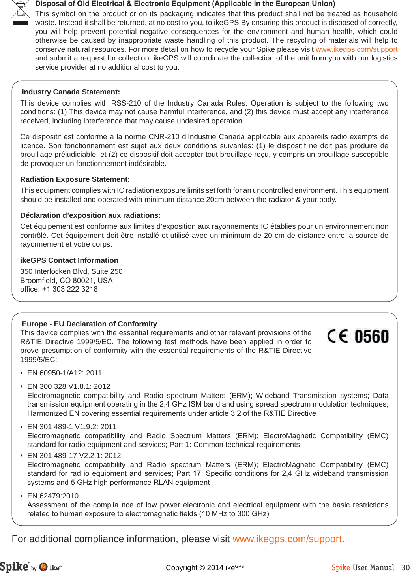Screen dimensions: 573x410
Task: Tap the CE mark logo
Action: point(338,336)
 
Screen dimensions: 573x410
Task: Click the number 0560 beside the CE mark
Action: point(371,337)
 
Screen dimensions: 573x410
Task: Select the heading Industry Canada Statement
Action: point(71,92)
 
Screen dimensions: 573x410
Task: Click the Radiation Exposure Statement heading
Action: point(75,179)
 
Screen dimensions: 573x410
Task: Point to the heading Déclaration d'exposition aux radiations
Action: point(90,215)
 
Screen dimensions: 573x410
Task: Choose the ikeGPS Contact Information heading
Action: point(69,260)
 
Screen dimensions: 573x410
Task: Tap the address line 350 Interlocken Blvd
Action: point(71,271)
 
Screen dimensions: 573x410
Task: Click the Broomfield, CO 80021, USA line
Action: point(66,281)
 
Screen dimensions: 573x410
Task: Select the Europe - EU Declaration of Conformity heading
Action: point(89,324)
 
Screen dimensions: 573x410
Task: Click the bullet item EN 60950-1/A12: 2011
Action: point(64,373)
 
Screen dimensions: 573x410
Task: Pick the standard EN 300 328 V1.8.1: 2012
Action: point(69,386)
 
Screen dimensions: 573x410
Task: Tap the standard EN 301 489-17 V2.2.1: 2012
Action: point(74,456)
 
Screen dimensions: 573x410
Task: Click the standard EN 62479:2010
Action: point(53,496)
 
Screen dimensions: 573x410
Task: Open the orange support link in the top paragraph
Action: point(356,49)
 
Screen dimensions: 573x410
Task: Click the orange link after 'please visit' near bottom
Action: point(287,539)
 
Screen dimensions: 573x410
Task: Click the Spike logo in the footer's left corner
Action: point(14,567)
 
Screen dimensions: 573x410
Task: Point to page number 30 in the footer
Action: point(405,568)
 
